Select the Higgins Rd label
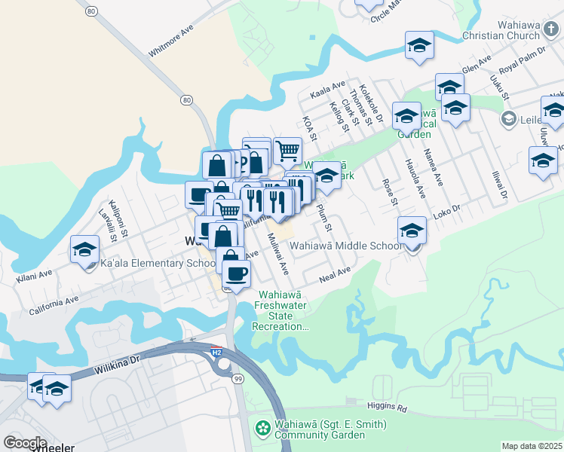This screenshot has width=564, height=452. pos(392,410)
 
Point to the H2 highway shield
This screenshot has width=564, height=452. pos(216,353)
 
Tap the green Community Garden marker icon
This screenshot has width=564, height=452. pos(263,429)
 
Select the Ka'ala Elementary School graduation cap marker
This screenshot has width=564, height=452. pos(84,249)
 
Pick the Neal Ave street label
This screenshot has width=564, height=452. pos(336,274)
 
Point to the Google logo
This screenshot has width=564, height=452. pos(25,442)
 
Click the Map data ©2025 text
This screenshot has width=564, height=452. pos(532,446)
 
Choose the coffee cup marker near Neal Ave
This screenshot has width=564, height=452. pos(236,275)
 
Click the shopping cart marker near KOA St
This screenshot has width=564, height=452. pos(287,151)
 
